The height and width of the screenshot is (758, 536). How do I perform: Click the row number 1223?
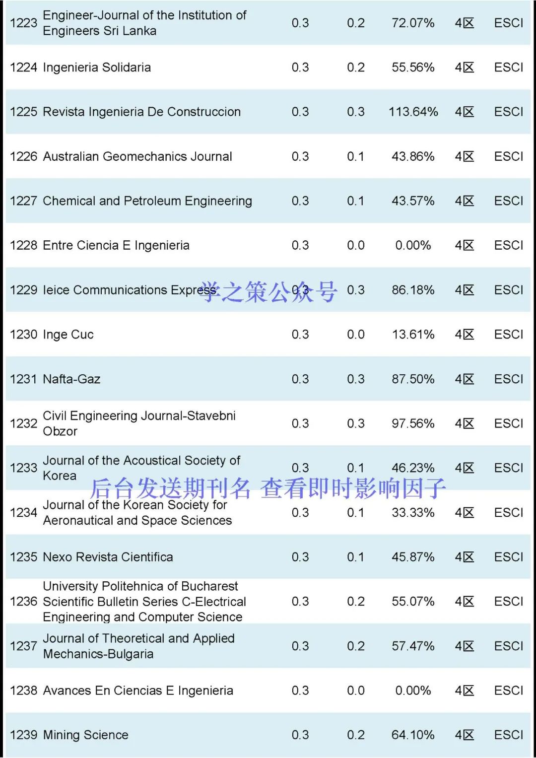click(23, 23)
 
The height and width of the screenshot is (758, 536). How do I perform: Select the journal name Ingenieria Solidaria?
click(97, 68)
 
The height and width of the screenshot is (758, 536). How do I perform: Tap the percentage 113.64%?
click(413, 112)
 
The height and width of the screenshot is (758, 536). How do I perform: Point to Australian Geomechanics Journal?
click(137, 157)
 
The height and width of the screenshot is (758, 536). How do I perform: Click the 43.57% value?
click(413, 201)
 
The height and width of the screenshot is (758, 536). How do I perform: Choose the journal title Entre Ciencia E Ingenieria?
click(116, 246)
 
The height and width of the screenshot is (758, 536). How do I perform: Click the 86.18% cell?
click(413, 290)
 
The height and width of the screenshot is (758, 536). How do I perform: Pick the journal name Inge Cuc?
click(68, 335)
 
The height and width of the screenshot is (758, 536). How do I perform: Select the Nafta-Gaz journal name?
click(71, 379)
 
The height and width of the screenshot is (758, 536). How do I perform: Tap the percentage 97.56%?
click(413, 423)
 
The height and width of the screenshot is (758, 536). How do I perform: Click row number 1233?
click(23, 468)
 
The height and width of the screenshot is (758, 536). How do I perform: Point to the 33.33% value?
click(413, 513)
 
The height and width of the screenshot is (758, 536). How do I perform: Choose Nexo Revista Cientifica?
click(108, 557)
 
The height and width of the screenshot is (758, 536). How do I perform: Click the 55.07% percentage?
click(413, 602)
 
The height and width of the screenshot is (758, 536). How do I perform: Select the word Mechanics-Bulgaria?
click(98, 654)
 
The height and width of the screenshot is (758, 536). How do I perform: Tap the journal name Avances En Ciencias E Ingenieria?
click(138, 690)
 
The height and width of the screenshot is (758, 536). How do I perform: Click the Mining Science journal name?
click(85, 735)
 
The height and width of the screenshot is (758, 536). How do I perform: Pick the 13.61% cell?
click(413, 335)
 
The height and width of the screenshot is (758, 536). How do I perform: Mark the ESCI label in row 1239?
click(508, 735)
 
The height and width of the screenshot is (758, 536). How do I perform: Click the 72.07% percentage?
click(413, 23)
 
